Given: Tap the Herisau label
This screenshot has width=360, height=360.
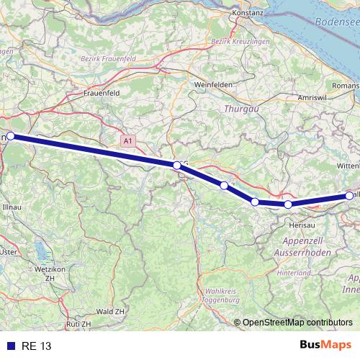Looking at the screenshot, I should [x=290, y=224].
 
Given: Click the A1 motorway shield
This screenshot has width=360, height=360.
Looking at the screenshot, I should [x=127, y=142].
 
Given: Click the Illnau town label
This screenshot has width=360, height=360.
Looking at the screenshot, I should [x=12, y=206].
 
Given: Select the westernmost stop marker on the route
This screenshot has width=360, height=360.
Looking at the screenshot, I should [x=11, y=135].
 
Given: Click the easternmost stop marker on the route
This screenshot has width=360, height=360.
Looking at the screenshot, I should [x=350, y=195].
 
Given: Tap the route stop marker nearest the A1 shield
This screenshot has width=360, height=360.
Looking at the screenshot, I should [x=177, y=166].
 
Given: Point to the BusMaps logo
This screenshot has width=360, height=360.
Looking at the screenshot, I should [x=325, y=346].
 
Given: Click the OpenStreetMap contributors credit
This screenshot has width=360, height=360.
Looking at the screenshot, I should [x=297, y=322].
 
